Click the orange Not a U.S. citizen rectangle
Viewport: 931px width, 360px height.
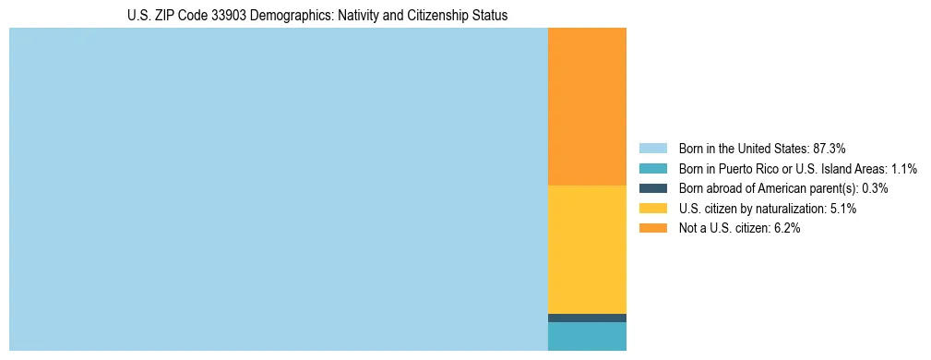pyautogui.click(x=587, y=106)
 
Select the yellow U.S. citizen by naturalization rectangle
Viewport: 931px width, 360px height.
pyautogui.click(x=587, y=249)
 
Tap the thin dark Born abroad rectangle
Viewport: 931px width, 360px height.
pyautogui.click(x=587, y=318)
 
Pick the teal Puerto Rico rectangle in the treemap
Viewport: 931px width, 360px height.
pyautogui.click(x=587, y=336)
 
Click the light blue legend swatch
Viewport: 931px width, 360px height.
pyautogui.click(x=652, y=149)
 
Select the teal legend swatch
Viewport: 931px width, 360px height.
pyautogui.click(x=652, y=169)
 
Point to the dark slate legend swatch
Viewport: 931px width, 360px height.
pyautogui.click(x=652, y=188)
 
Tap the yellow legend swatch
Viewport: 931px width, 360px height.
pyautogui.click(x=652, y=209)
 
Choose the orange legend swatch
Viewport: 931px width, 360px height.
pyautogui.click(x=652, y=229)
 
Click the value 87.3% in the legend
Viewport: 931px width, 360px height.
pyautogui.click(x=829, y=149)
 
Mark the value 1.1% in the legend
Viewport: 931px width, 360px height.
pyautogui.click(x=903, y=169)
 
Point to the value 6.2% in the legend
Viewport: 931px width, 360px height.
pyautogui.click(x=786, y=229)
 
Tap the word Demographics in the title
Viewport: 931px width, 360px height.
pyautogui.click(x=276, y=16)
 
